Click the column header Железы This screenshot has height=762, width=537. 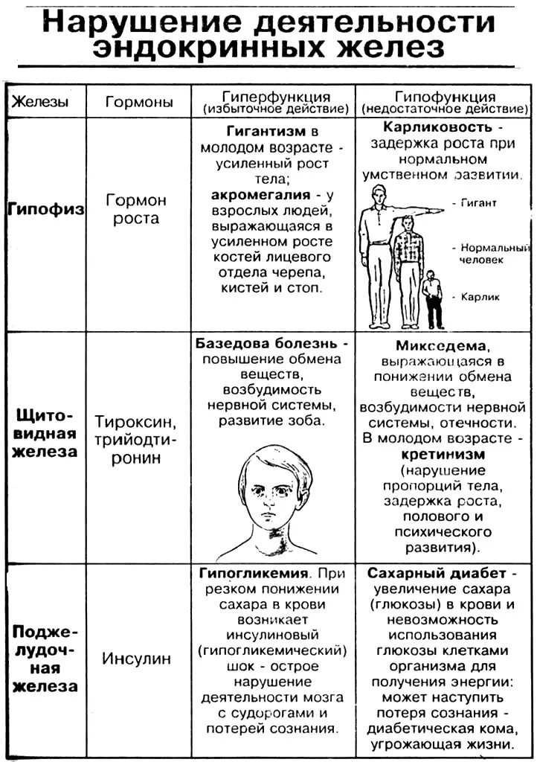42,102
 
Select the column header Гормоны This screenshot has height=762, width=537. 139,102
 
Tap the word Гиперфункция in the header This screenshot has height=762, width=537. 276,97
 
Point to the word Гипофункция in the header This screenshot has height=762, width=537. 445,97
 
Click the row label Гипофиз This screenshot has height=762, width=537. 45,210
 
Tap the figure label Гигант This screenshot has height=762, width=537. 478,203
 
